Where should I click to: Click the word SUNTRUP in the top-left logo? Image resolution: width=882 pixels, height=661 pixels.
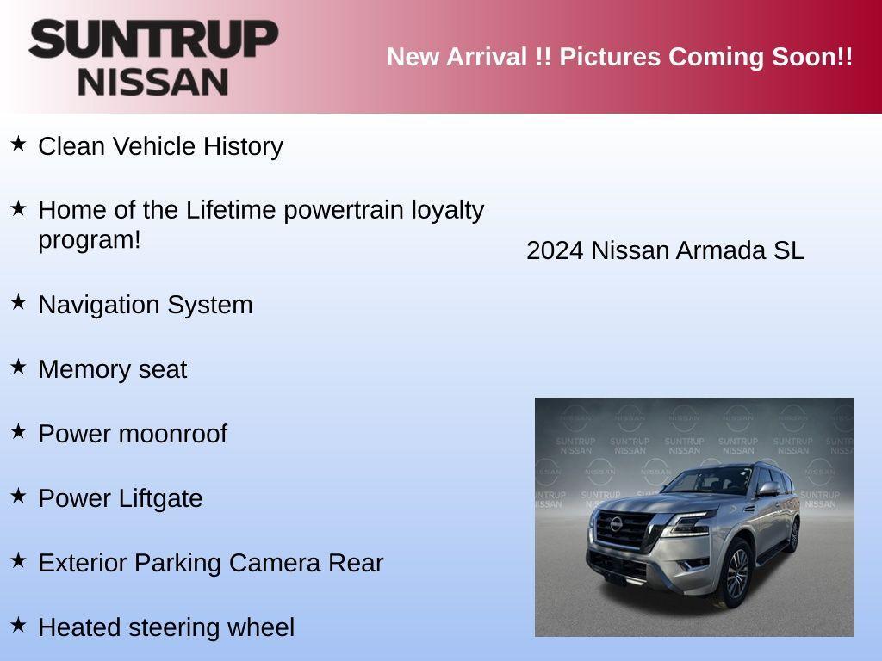[153, 40]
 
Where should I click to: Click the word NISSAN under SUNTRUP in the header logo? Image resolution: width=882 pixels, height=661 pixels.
[153, 82]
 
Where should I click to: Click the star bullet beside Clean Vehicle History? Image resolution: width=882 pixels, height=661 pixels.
[18, 144]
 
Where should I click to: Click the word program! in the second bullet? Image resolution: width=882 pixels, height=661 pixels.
[89, 240]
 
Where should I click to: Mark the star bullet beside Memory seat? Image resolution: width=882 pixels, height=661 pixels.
[18, 367]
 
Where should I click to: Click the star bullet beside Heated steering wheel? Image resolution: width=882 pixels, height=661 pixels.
[18, 625]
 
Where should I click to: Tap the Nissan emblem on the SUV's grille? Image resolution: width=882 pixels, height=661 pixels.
[616, 524]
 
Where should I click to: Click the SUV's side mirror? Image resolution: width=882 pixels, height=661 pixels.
[767, 489]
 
